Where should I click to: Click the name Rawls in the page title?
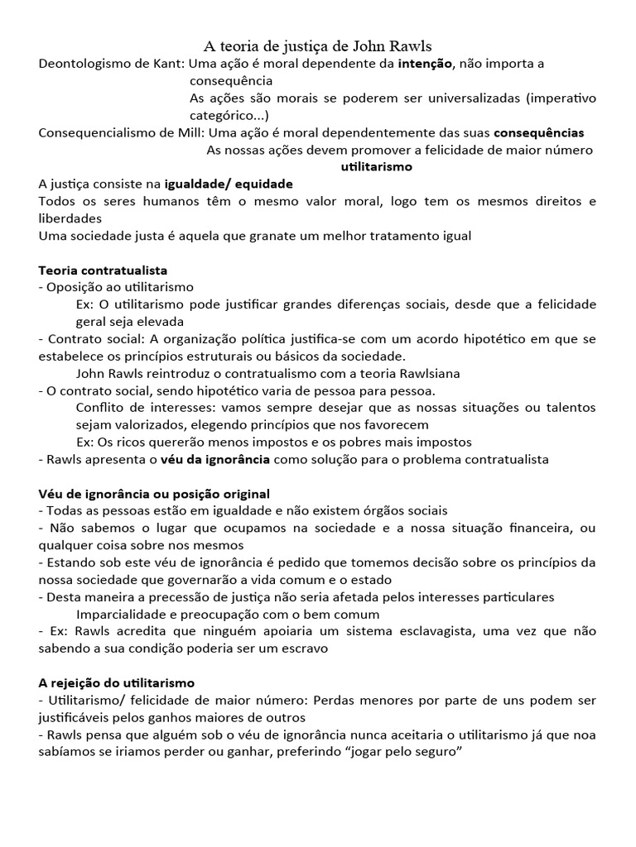click(407, 45)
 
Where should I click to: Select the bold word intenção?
click(424, 64)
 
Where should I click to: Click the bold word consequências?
click(539, 132)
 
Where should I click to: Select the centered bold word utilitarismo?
click(377, 167)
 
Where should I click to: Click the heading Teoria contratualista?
click(104, 270)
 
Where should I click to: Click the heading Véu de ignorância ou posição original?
click(154, 494)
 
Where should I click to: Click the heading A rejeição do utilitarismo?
click(117, 683)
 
